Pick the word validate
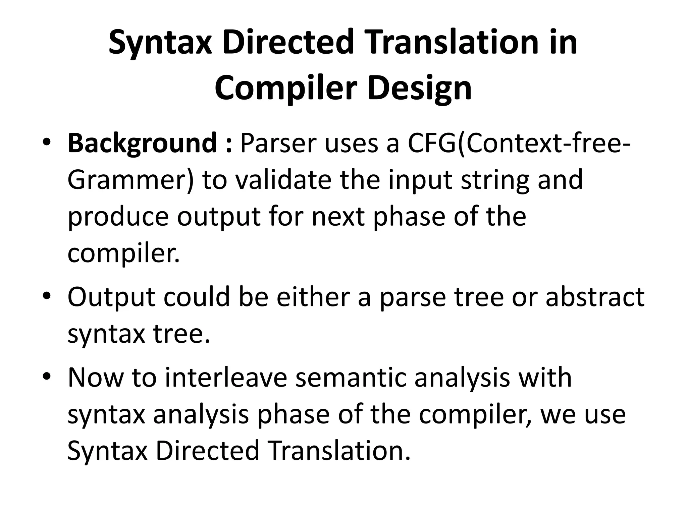point(283,180)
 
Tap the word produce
point(118,217)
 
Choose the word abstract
point(595,297)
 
